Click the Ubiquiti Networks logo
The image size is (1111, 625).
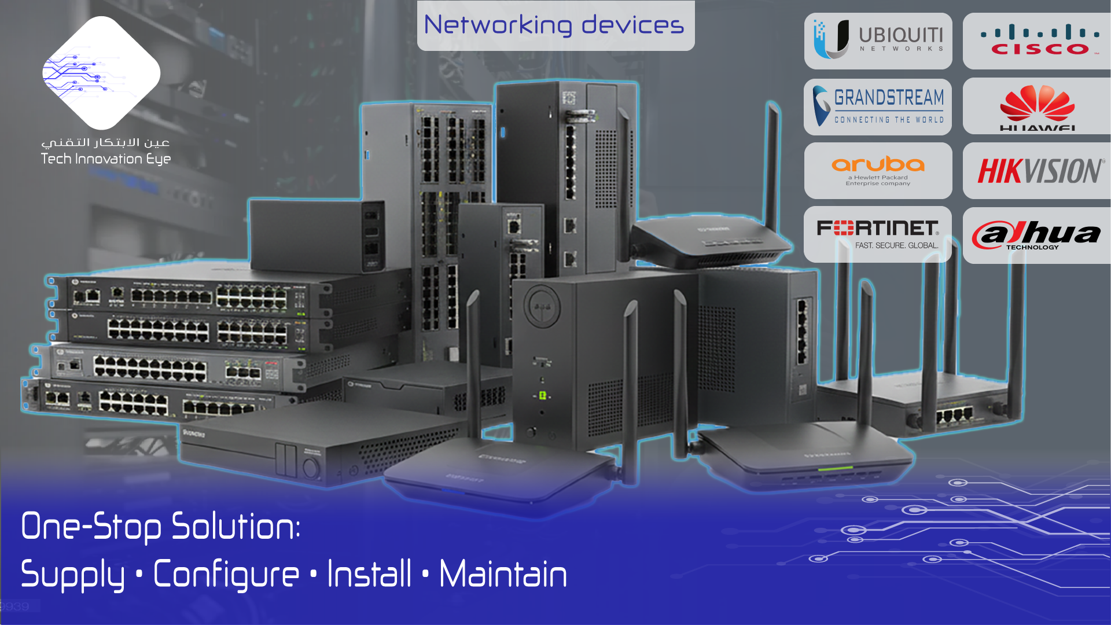tap(878, 41)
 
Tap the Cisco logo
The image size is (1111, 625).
tap(1040, 41)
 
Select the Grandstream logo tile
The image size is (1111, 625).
tap(878, 106)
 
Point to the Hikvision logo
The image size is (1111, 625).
tap(1040, 171)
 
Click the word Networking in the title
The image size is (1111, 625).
tap(498, 25)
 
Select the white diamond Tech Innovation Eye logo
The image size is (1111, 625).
tap(101, 73)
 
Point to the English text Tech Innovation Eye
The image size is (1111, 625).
tap(106, 159)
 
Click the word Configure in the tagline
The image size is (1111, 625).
tap(226, 574)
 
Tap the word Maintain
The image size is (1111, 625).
tap(503, 574)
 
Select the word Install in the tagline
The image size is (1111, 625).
tap(369, 574)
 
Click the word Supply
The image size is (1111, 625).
tap(73, 574)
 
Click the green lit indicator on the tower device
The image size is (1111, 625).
tap(543, 395)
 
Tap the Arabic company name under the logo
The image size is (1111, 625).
tap(106, 142)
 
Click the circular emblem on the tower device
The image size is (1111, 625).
tap(542, 306)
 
